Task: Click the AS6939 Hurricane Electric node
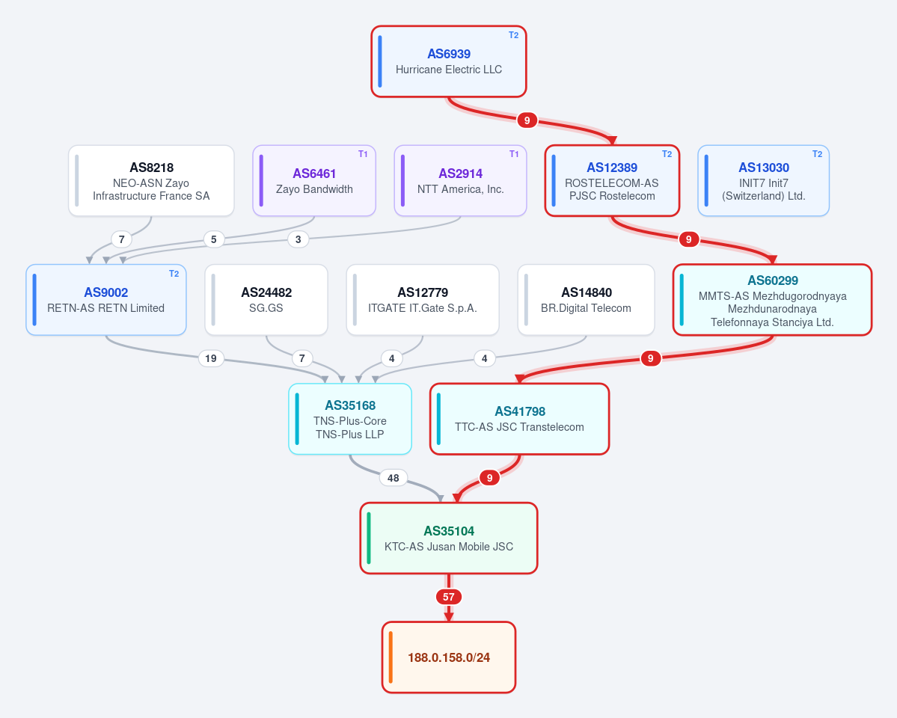coord(449,61)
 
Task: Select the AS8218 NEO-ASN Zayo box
coord(151,181)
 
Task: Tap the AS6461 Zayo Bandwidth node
coord(314,181)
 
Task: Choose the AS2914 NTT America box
coord(460,181)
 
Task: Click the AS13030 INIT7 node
coord(763,181)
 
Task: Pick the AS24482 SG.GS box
coord(266,300)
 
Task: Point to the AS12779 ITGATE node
coord(422,300)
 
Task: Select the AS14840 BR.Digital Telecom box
coord(586,300)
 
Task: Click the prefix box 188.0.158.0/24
coord(449,657)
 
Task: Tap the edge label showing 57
coord(449,597)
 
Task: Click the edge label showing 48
coord(393,478)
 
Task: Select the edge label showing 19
coord(210,358)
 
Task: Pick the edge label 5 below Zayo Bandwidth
coord(213,239)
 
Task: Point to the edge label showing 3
coord(298,239)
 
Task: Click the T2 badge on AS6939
coord(514,35)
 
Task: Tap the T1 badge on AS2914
coord(514,154)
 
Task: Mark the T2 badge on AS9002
coord(174,274)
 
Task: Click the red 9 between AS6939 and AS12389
coord(527,120)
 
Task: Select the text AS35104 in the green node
coord(449,531)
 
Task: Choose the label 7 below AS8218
coord(121,239)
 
